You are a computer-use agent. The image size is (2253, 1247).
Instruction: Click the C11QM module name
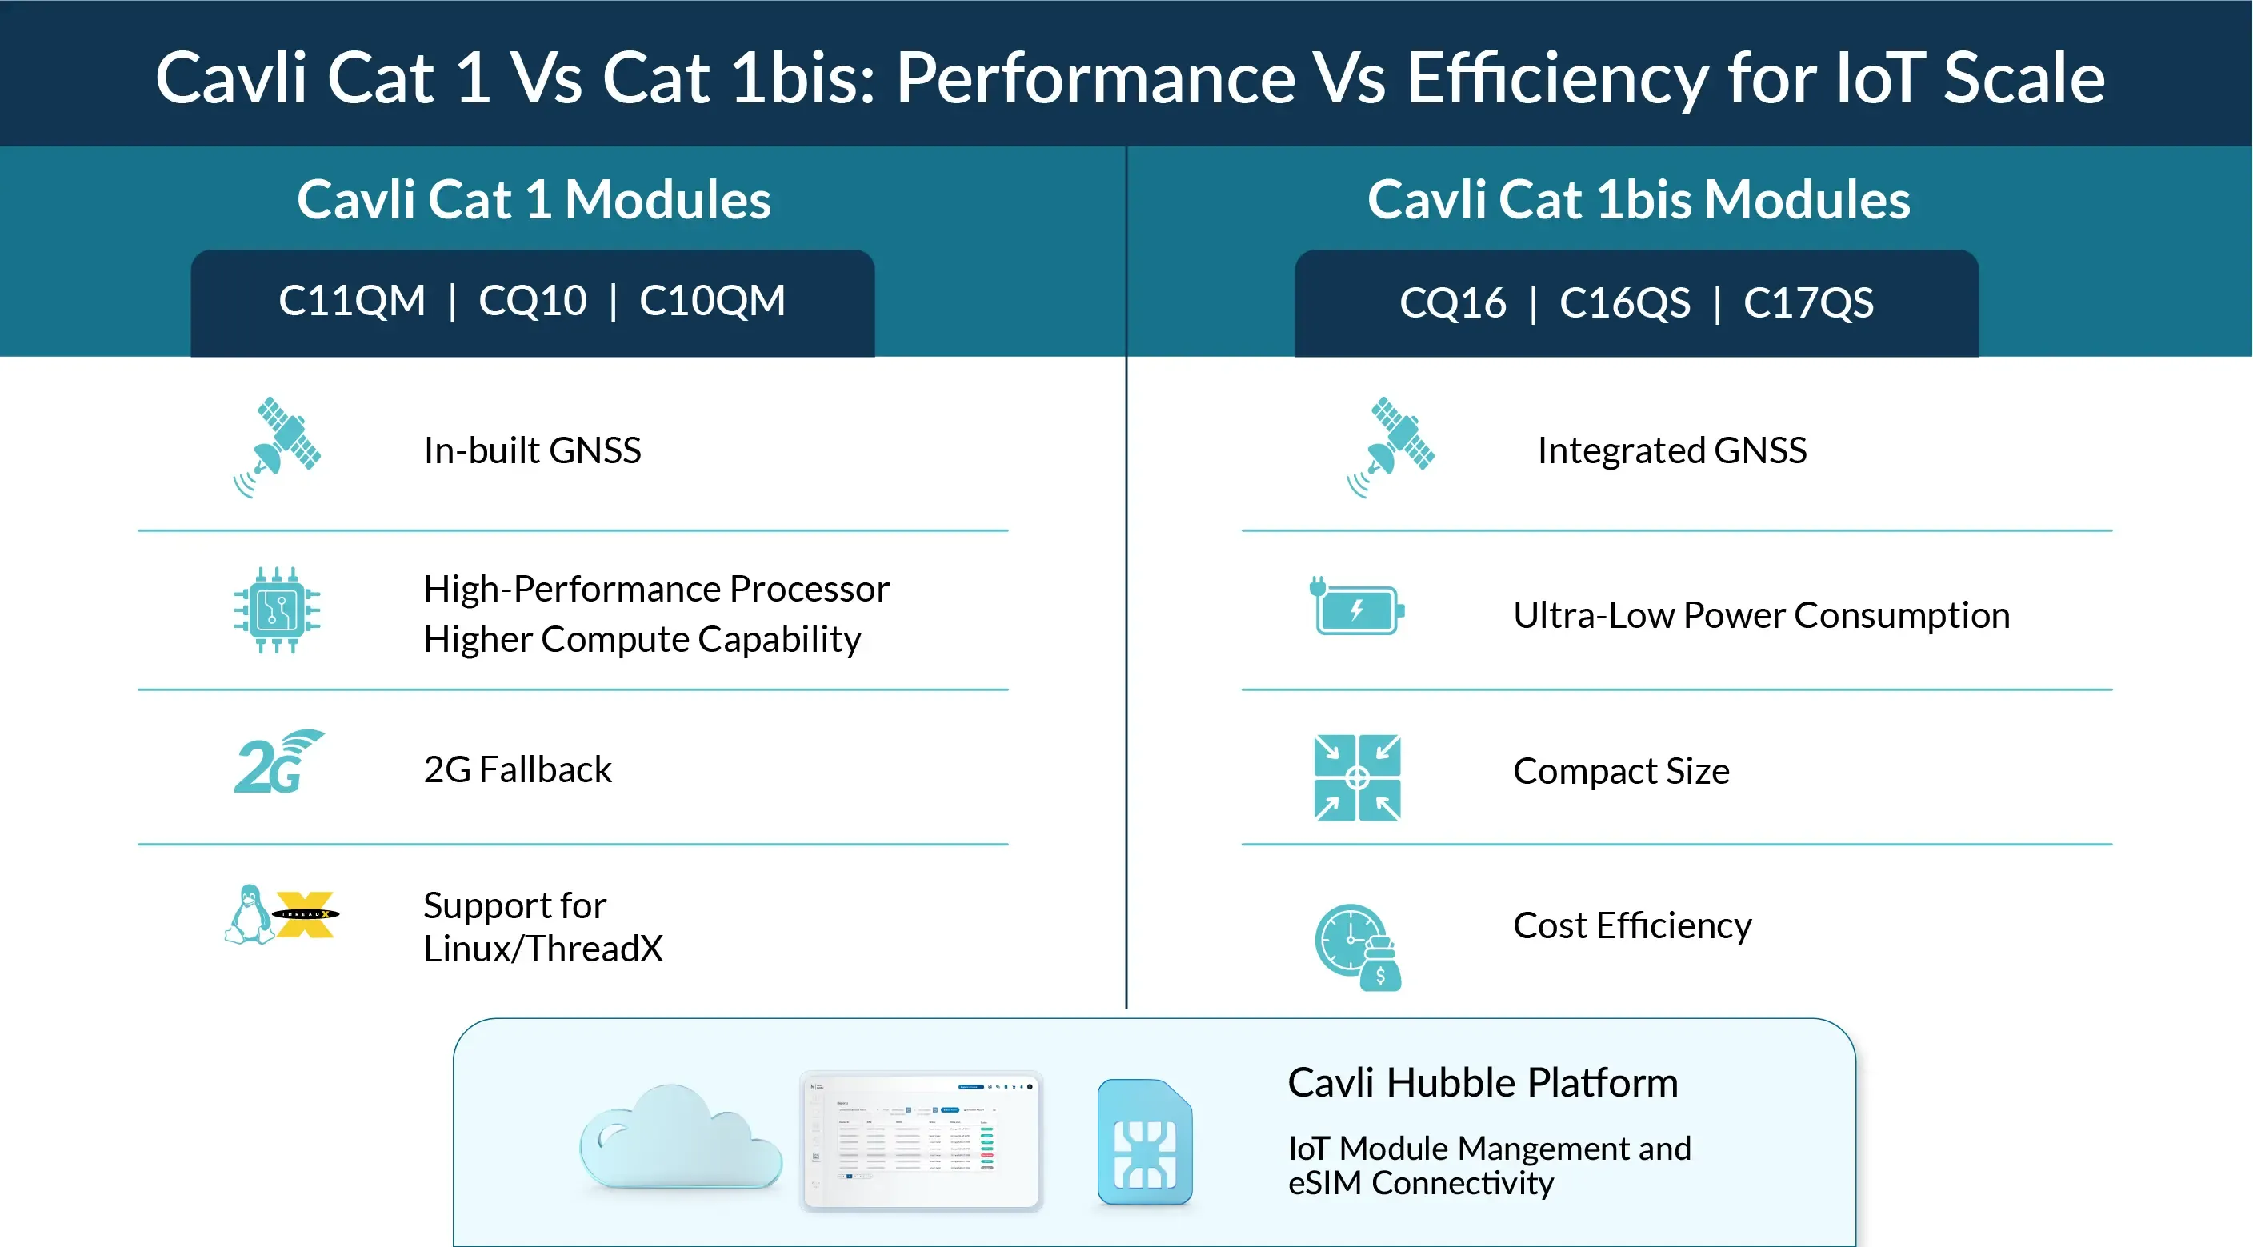pyautogui.click(x=351, y=301)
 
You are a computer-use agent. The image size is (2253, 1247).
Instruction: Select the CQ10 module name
pyautogui.click(x=533, y=301)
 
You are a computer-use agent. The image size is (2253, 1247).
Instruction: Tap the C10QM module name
pyautogui.click(x=712, y=301)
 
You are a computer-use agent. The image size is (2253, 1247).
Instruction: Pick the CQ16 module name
pyautogui.click(x=1453, y=302)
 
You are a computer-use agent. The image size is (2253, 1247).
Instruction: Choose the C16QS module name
pyautogui.click(x=1625, y=302)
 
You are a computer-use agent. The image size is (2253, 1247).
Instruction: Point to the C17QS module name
pyautogui.click(x=1809, y=302)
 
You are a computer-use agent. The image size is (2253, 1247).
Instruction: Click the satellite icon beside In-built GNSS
pyautogui.click(x=278, y=447)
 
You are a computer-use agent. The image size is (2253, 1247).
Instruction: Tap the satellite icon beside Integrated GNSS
pyautogui.click(x=1391, y=447)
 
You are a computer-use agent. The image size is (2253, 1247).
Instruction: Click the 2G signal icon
pyautogui.click(x=279, y=761)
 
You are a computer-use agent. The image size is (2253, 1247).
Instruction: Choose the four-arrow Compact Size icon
pyautogui.click(x=1358, y=777)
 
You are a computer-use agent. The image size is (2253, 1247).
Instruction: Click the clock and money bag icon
pyautogui.click(x=1359, y=947)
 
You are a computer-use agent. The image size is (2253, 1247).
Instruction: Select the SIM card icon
pyautogui.click(x=1145, y=1142)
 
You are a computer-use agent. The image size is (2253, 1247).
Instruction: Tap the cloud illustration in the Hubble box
pyautogui.click(x=680, y=1137)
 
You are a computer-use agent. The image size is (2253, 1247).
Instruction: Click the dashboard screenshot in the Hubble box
pyautogui.click(x=921, y=1141)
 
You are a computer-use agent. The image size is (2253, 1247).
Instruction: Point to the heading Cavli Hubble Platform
pyautogui.click(x=1483, y=1082)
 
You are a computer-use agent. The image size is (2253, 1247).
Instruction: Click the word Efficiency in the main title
pyautogui.click(x=1556, y=78)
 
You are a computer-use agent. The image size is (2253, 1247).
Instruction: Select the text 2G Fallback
pyautogui.click(x=518, y=769)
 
